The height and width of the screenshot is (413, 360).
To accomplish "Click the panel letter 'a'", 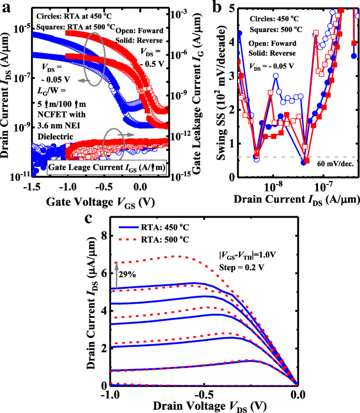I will coord(7,6).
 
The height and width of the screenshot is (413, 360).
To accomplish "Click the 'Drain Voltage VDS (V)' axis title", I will coord(203,407).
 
